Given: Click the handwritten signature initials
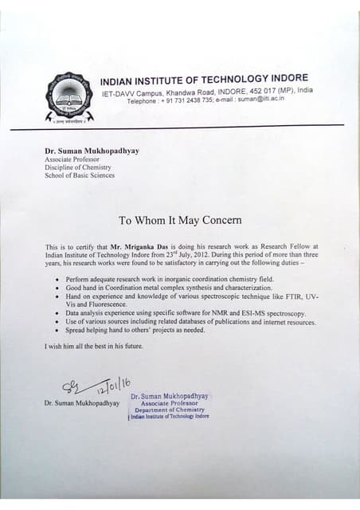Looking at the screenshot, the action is coord(72,388).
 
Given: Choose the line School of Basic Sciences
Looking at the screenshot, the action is coord(80,175).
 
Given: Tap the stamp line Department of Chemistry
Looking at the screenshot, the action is coord(170,410).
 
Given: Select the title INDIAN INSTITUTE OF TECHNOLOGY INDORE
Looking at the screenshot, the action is coord(204,79).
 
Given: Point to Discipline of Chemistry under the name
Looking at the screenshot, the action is coord(78,167).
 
